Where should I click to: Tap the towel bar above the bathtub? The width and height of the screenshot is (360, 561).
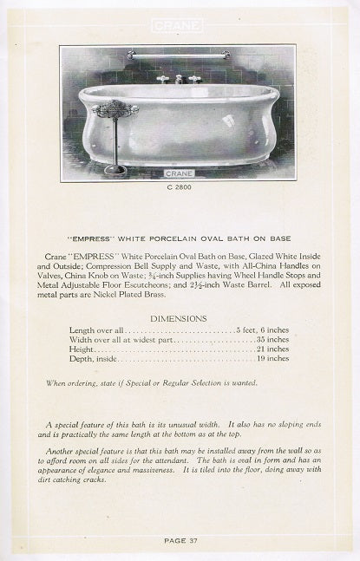tap(178, 55)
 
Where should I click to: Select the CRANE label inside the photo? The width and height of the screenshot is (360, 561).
tap(178, 173)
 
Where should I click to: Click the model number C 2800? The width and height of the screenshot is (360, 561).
tap(178, 186)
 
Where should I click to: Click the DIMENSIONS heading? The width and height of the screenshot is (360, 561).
tap(178, 318)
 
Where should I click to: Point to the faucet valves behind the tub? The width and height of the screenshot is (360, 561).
tap(178, 79)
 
